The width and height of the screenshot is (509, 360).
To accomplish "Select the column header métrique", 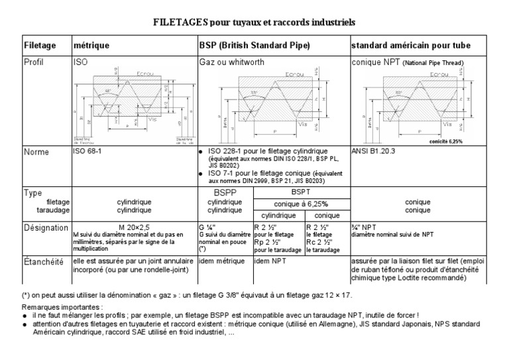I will pos(91,46).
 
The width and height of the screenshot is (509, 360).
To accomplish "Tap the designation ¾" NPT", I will pos(365,225).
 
